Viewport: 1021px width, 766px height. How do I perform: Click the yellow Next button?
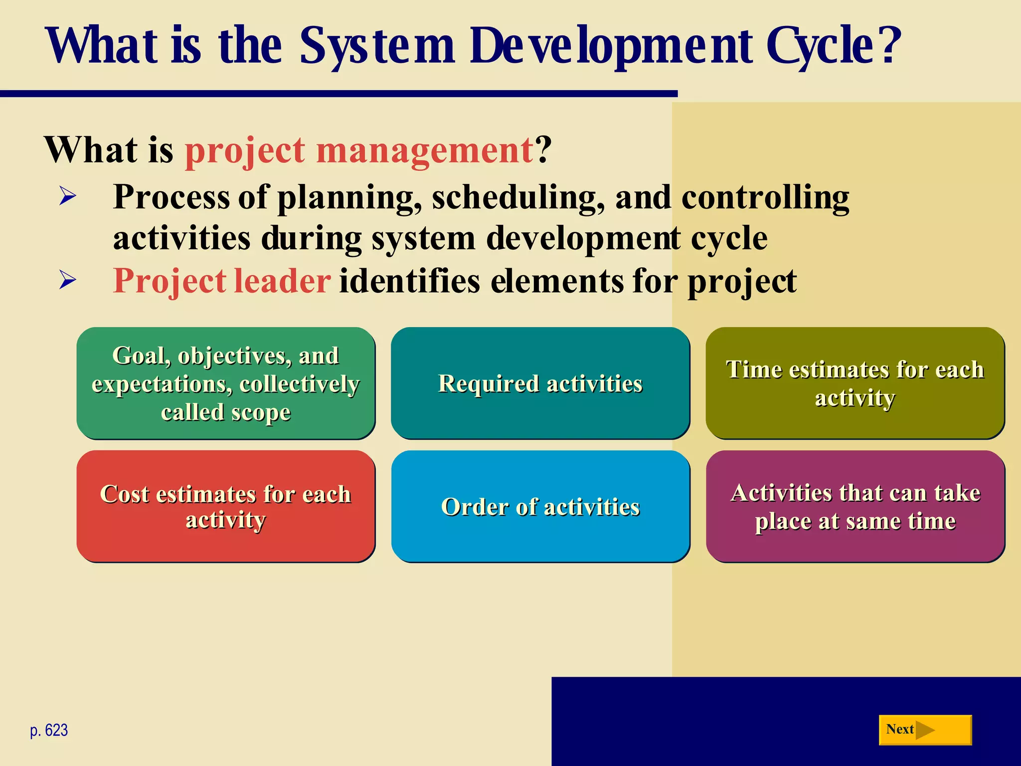(925, 730)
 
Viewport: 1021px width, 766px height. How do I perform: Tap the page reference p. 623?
(49, 730)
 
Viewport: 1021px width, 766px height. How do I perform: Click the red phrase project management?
(359, 151)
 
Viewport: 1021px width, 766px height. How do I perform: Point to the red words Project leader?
(221, 281)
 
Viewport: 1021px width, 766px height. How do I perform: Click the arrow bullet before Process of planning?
(67, 196)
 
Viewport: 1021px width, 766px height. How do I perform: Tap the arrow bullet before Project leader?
(67, 280)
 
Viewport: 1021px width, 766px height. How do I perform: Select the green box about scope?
(225, 383)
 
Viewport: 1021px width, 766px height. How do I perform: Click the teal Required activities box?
(540, 383)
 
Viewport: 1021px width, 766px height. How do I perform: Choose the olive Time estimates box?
(855, 383)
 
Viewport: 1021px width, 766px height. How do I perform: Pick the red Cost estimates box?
(225, 506)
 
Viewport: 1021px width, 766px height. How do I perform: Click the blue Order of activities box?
(540, 506)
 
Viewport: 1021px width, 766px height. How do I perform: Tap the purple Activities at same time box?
(855, 506)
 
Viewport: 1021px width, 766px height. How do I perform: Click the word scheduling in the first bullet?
(518, 198)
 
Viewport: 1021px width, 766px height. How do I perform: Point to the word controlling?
(765, 198)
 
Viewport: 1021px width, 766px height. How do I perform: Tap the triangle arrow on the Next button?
(925, 730)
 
